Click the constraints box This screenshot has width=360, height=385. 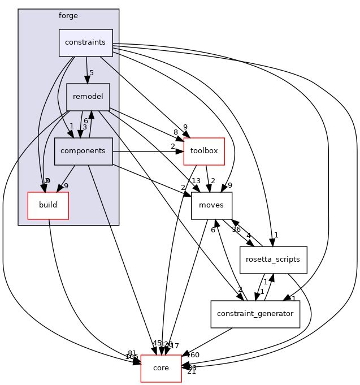(86, 43)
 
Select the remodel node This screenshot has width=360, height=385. (88, 97)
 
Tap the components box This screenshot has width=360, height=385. (83, 151)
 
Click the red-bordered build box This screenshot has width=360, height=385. (48, 205)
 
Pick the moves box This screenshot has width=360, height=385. (211, 205)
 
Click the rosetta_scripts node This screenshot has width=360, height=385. (273, 260)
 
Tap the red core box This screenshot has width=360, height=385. (161, 368)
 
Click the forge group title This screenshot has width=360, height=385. (68, 15)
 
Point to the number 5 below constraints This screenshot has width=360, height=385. (90, 72)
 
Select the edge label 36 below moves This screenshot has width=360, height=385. (236, 230)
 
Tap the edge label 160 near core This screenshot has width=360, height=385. (193, 355)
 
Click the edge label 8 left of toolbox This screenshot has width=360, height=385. (176, 132)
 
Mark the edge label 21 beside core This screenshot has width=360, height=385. (191, 371)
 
